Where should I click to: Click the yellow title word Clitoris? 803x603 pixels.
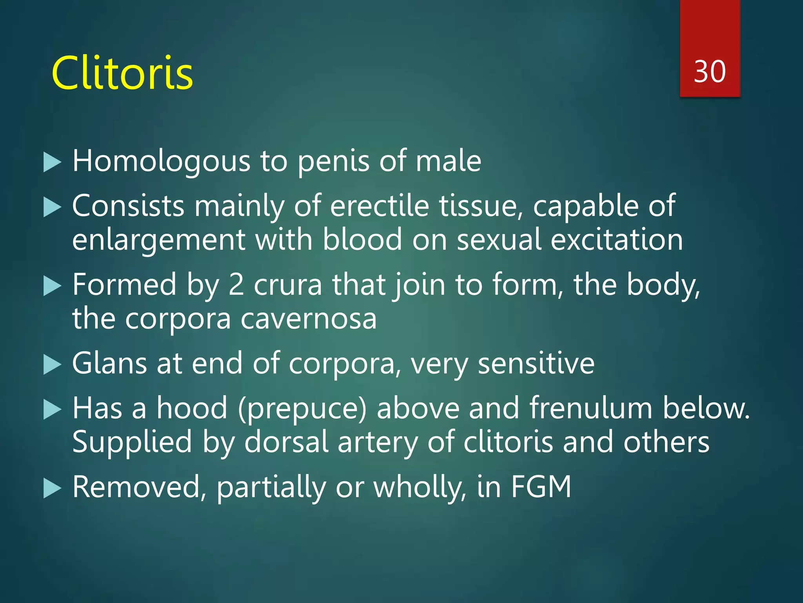tap(122, 73)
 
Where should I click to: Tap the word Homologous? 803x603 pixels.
tap(161, 161)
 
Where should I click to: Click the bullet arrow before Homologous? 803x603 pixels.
tap(52, 163)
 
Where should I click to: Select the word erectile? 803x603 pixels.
tap(380, 206)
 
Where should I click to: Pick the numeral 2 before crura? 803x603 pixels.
tap(236, 285)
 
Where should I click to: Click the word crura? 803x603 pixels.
tap(288, 285)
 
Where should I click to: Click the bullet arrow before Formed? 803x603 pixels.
tap(52, 286)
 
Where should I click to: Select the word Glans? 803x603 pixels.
tap(110, 364)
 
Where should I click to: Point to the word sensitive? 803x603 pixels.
tap(536, 364)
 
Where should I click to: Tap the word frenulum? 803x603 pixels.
tap(591, 408)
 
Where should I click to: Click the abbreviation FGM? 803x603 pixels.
tap(541, 487)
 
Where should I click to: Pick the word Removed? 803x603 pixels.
tap(140, 487)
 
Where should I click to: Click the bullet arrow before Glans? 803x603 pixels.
tap(52, 365)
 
